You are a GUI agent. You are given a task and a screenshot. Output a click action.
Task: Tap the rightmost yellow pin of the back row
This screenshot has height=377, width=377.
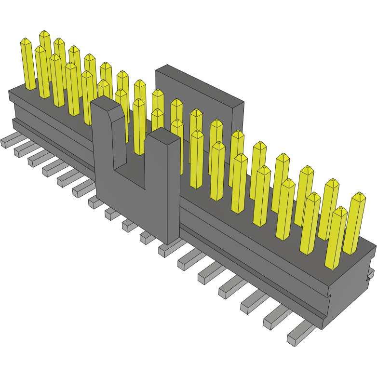pyautogui.click(x=354, y=224)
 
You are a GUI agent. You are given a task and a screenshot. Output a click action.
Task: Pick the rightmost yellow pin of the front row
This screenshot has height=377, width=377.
pyautogui.click(x=336, y=238)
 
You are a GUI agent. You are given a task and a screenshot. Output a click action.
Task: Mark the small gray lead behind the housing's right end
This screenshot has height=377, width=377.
pyautogui.click(x=370, y=274)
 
